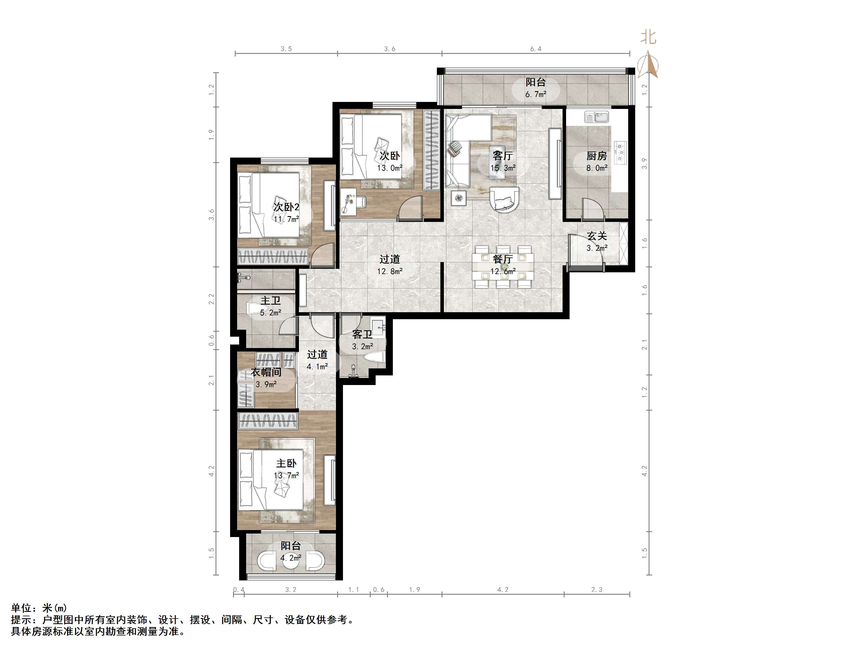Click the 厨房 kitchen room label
coord(596,156)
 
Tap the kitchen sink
coord(596,117)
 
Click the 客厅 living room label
coord(502,156)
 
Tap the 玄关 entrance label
coord(597,236)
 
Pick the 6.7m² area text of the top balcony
coord(535,94)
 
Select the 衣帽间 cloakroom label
coord(266,372)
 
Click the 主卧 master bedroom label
coord(286,464)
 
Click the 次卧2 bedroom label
coord(286,207)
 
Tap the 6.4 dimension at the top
coord(536,49)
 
